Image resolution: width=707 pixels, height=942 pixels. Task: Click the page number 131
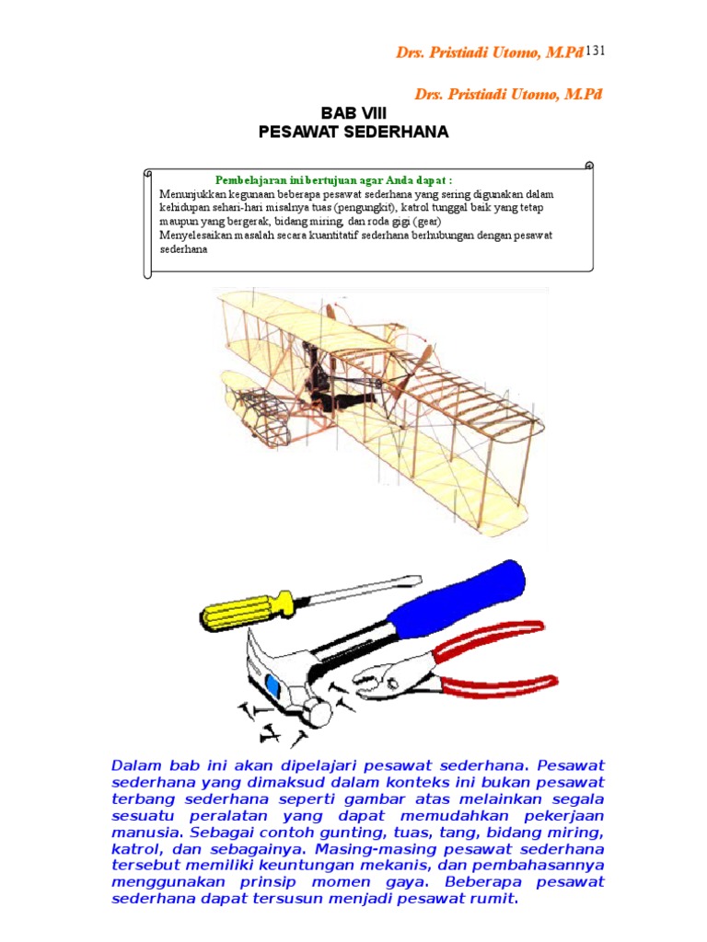[595, 52]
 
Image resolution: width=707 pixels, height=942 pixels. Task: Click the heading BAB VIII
[353, 112]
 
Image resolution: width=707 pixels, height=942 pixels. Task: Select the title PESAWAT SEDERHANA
[353, 132]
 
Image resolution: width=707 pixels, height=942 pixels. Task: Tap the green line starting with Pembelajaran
[333, 180]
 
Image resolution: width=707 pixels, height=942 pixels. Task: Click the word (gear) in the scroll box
[424, 222]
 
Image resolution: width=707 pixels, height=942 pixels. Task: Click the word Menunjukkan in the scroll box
[193, 195]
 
